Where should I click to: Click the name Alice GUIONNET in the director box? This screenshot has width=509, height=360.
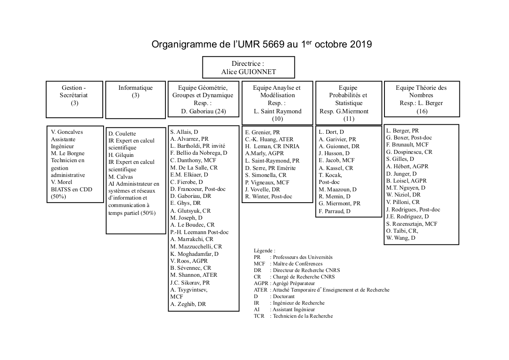[x=249, y=72]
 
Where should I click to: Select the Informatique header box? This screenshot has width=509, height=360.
[x=135, y=99]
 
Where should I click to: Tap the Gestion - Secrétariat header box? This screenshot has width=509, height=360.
[x=74, y=99]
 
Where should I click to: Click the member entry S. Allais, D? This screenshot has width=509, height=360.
[x=184, y=132]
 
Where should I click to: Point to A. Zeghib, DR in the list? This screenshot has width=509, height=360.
[x=188, y=304]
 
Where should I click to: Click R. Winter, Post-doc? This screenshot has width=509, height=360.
[x=268, y=197]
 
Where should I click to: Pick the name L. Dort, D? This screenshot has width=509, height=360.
[x=331, y=132]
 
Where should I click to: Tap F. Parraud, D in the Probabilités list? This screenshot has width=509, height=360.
[x=334, y=211]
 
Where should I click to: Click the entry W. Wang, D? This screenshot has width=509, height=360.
[x=401, y=238]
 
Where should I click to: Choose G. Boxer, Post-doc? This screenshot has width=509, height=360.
[x=409, y=138]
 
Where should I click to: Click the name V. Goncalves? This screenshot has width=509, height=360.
[x=67, y=132]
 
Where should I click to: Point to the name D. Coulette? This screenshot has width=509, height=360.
[x=122, y=133]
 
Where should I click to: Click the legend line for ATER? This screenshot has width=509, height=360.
[x=321, y=290]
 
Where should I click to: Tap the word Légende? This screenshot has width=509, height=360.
[x=264, y=251]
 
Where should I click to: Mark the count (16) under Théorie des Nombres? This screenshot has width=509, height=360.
[x=421, y=111]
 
